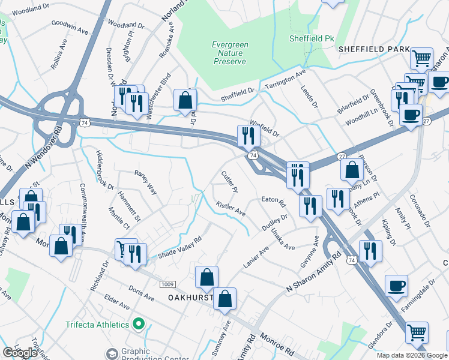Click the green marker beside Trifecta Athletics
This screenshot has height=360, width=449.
pos(139,325)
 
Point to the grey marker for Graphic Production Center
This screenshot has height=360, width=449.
pos(112,353)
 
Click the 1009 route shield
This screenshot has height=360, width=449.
pos(167,283)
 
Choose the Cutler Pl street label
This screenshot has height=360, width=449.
pos(230,182)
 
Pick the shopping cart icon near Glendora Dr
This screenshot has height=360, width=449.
pos(417,331)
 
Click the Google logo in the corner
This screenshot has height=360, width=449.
pos(20,353)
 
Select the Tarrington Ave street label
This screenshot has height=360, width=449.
pos(286,79)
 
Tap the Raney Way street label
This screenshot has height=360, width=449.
pos(145,182)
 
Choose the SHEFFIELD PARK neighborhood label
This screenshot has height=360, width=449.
pos(374,49)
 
